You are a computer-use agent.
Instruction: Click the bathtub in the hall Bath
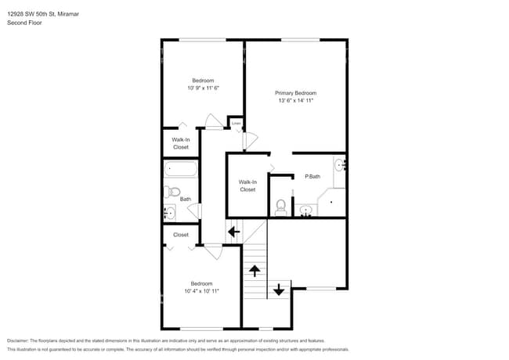tap(180, 169)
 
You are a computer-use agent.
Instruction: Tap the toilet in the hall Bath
tap(174, 192)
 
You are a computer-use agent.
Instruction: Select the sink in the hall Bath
tap(169, 212)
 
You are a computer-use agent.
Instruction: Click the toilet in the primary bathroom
tap(281, 207)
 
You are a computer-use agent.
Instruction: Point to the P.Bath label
tap(312, 177)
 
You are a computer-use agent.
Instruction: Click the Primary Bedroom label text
tap(295, 92)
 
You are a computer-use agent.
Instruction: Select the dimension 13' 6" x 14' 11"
tap(295, 100)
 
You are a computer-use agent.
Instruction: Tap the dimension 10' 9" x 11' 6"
tap(202, 88)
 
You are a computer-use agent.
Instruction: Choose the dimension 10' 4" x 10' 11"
tap(201, 290)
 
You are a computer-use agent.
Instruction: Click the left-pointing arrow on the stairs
tap(233, 231)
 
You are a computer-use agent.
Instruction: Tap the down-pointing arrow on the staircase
tap(278, 290)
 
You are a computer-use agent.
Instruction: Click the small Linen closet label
tap(236, 123)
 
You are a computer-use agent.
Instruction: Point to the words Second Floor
tap(24, 23)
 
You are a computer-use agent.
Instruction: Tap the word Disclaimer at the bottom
tap(20, 341)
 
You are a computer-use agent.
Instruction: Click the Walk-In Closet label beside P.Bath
tap(247, 185)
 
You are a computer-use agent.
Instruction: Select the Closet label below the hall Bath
tap(181, 235)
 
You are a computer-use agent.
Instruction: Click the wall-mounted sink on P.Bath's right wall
tap(340, 166)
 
